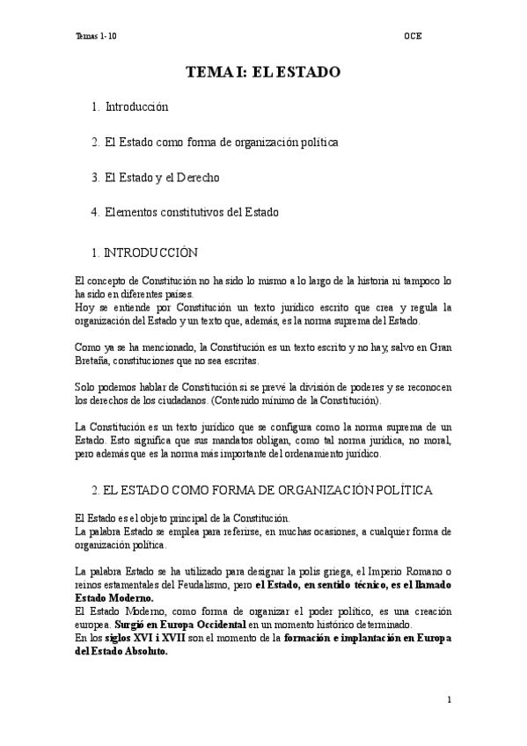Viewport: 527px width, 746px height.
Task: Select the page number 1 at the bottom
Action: click(449, 700)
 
